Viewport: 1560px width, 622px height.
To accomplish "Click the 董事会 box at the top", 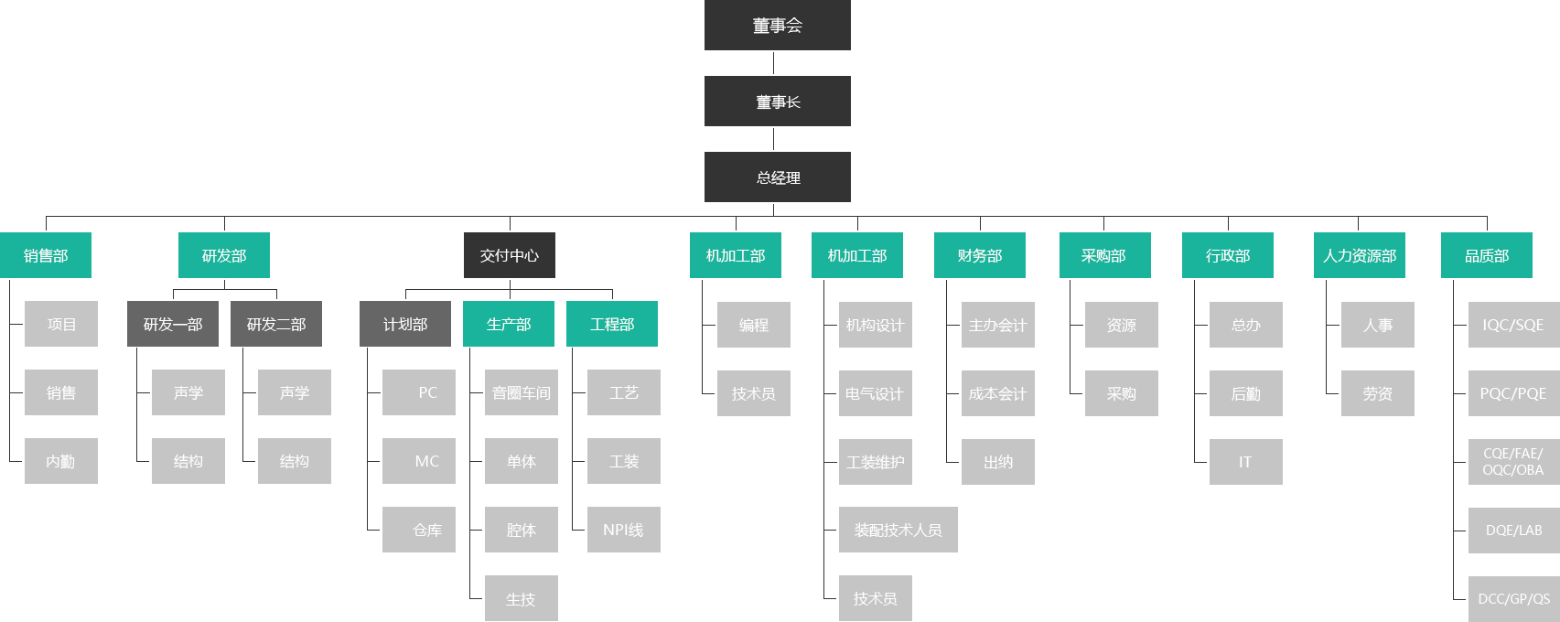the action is click(777, 25).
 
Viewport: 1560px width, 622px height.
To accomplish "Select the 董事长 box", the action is click(777, 102).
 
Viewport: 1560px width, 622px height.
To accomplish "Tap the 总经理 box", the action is click(777, 177).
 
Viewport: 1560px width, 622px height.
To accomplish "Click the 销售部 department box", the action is click(46, 255).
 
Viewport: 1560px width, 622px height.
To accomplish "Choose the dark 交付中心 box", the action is click(510, 255).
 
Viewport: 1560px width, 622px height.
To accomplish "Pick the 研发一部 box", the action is click(173, 324).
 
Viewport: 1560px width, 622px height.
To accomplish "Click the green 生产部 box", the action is click(509, 324).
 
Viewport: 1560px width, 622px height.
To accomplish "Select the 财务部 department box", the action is click(980, 255).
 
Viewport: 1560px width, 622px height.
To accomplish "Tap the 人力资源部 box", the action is click(1360, 255).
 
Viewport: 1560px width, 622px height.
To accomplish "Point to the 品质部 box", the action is click(1487, 255).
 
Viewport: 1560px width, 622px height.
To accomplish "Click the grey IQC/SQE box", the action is click(1513, 325).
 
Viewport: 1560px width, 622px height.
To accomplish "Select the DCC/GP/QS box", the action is click(1513, 599).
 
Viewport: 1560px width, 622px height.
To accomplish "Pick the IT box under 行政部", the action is click(1246, 462).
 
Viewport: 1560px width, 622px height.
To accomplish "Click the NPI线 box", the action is click(624, 530).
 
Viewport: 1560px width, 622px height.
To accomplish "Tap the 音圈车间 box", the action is click(522, 392).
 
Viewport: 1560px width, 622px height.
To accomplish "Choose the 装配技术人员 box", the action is click(898, 530).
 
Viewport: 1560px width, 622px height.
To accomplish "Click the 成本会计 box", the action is click(998, 393).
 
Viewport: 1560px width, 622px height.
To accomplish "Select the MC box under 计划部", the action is click(419, 461).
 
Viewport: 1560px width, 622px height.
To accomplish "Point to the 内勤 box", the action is click(61, 462).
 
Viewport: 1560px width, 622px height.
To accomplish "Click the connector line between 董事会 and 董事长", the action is click(774, 63).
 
